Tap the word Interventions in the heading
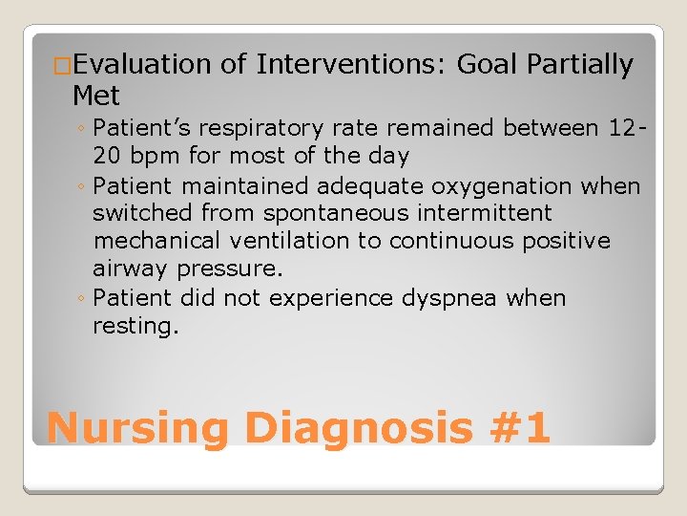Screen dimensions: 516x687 tap(350, 65)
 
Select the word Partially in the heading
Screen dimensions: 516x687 tap(578, 65)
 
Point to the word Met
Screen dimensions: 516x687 tap(96, 96)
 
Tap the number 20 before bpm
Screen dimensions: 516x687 tap(106, 155)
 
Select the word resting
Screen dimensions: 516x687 tap(135, 327)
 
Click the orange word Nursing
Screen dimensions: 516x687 tap(137, 427)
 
